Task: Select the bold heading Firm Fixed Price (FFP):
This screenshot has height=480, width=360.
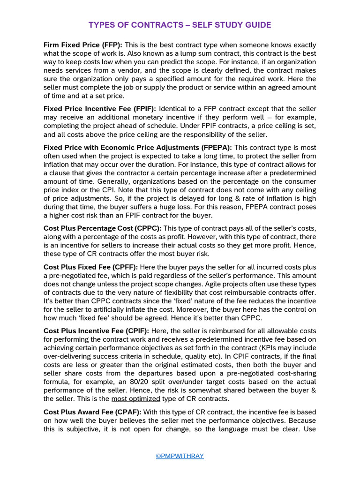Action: pos(83,45)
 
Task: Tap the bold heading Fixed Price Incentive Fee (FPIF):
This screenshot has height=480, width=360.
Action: pos(100,109)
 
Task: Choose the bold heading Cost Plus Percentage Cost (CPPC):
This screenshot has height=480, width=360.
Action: pos(102,228)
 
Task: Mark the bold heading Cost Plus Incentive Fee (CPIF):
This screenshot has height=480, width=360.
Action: pos(96,331)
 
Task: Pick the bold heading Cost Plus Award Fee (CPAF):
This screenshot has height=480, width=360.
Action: pos(92,412)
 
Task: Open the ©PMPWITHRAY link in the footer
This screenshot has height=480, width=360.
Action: pos(180,456)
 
